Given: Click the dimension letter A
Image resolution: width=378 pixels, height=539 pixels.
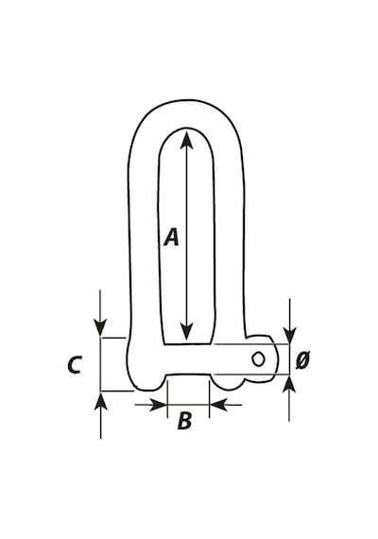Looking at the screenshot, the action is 171,237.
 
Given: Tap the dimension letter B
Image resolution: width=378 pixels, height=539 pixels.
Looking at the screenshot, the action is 184,421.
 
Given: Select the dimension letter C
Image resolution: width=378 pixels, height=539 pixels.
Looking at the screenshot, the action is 75,365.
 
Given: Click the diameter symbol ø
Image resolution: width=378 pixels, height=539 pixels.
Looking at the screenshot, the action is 302,360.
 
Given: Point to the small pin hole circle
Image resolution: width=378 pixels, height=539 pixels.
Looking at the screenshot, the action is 258,359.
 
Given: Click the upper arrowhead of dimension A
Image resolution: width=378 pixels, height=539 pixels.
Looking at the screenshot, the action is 186,140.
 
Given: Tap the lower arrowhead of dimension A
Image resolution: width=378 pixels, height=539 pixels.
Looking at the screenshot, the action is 186,331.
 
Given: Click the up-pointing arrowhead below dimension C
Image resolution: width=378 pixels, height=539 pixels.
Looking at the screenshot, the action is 100,401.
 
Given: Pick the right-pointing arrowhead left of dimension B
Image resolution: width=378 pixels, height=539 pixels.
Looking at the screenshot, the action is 158,405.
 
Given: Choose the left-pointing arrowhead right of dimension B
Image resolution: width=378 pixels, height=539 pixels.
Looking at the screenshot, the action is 218,405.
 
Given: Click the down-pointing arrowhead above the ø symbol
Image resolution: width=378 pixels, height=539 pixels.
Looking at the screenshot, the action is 290,335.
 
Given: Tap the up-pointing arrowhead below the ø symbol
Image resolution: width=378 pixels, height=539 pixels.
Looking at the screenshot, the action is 289,383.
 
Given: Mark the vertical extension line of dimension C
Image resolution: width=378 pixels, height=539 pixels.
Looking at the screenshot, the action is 100,364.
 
